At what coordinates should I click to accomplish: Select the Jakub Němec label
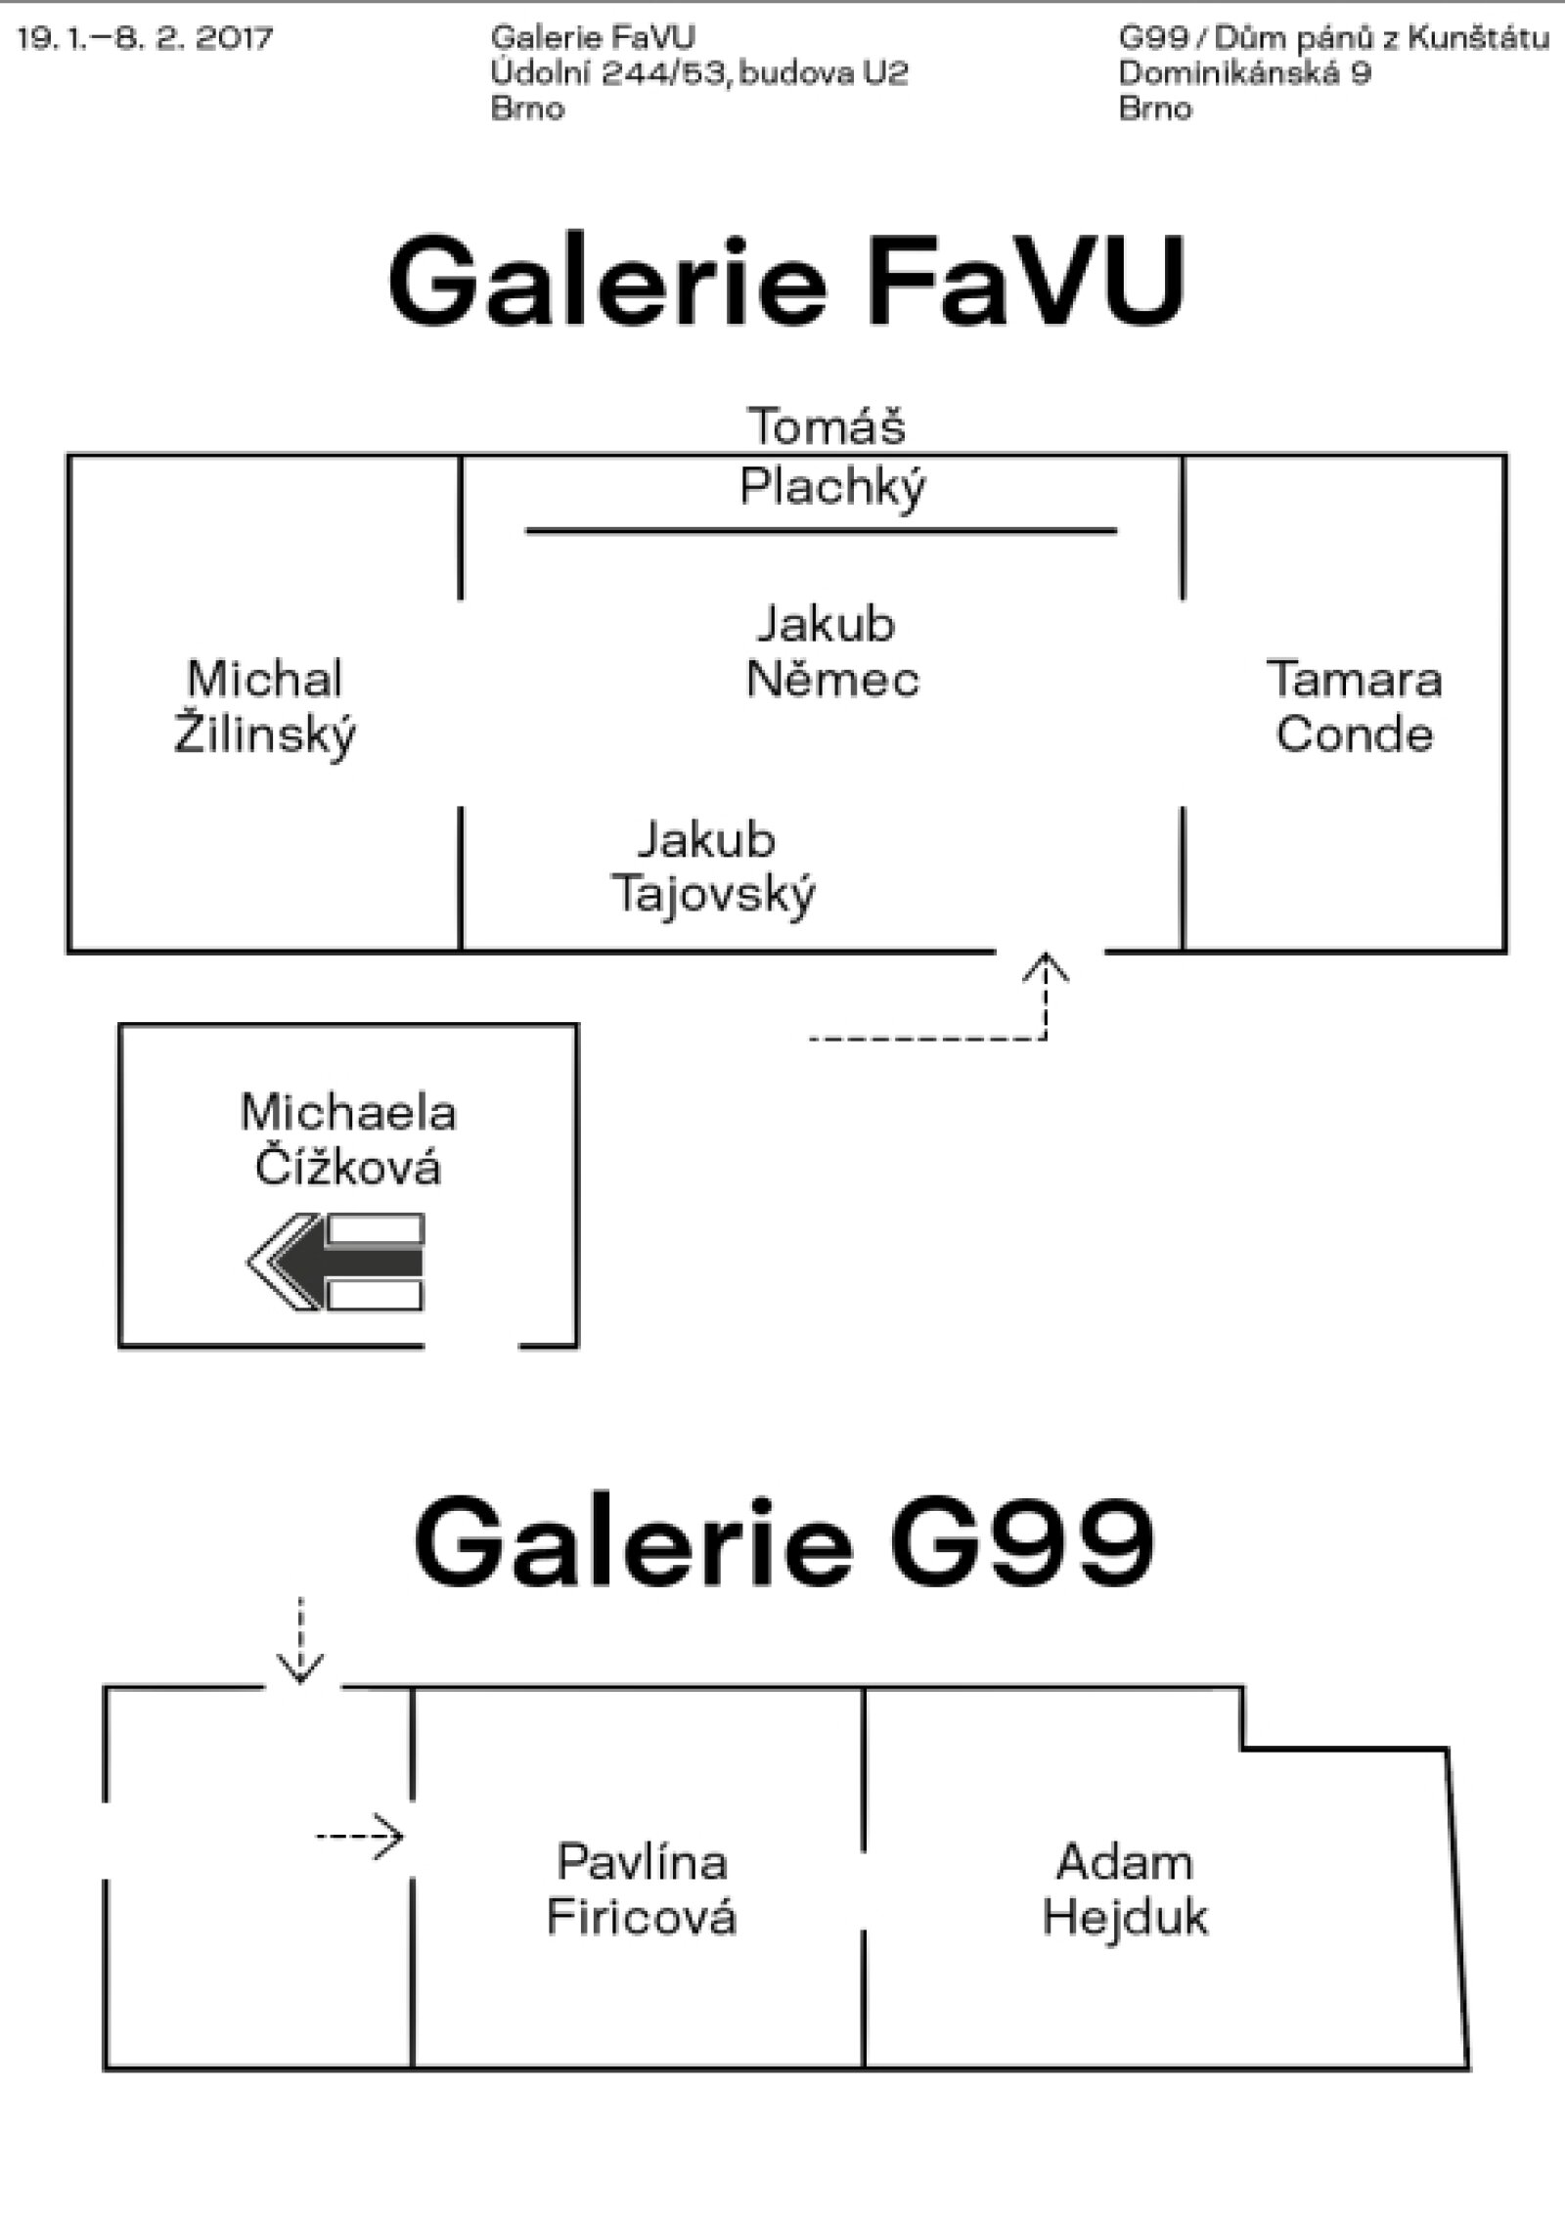coord(830,651)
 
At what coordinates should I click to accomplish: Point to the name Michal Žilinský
coord(265,706)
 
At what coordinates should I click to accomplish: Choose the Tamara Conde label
coord(1354,706)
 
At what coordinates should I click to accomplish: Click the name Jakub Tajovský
coord(712,867)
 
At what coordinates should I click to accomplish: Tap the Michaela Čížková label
coord(347,1140)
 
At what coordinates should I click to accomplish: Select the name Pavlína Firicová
coord(641,1889)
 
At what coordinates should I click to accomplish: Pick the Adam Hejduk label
coord(1125,1889)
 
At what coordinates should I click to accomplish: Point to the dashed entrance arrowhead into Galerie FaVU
coord(1047,969)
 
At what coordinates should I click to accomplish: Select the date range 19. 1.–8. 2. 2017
coord(145,39)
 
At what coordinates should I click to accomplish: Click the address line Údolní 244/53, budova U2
coord(699,73)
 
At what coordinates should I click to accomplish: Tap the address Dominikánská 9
coord(1244,73)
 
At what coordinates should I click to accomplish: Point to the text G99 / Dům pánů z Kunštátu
coord(1333,39)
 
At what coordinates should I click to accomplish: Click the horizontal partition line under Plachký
coord(821,531)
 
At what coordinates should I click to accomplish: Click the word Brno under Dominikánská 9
coord(1154,108)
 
